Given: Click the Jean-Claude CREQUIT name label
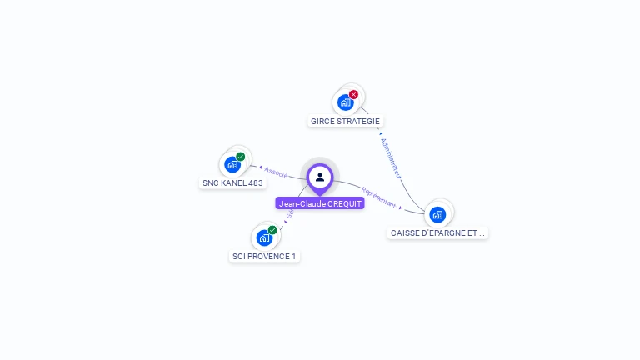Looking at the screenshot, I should coord(320,203).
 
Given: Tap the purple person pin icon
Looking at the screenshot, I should coord(320,177).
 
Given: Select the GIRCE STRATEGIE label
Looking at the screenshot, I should coord(345,121).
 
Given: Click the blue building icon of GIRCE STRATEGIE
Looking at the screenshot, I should coord(345,102).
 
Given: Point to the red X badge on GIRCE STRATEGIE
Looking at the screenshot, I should coord(353,95).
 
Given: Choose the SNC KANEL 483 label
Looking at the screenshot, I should coord(232,182).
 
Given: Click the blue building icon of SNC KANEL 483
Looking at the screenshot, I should coord(232,164).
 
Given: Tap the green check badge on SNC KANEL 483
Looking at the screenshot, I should coord(241,157).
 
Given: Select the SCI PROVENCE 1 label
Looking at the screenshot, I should coord(264,256).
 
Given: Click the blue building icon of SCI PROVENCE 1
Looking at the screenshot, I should coord(264,237).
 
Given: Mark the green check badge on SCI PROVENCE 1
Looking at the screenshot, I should coord(272,230).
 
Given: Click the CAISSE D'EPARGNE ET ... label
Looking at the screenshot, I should coord(437,233).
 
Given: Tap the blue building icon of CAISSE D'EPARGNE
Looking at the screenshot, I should coord(437,214).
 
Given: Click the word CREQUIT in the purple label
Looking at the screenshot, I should coord(345,203).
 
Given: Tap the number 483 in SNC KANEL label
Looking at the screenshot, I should coord(255,182).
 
